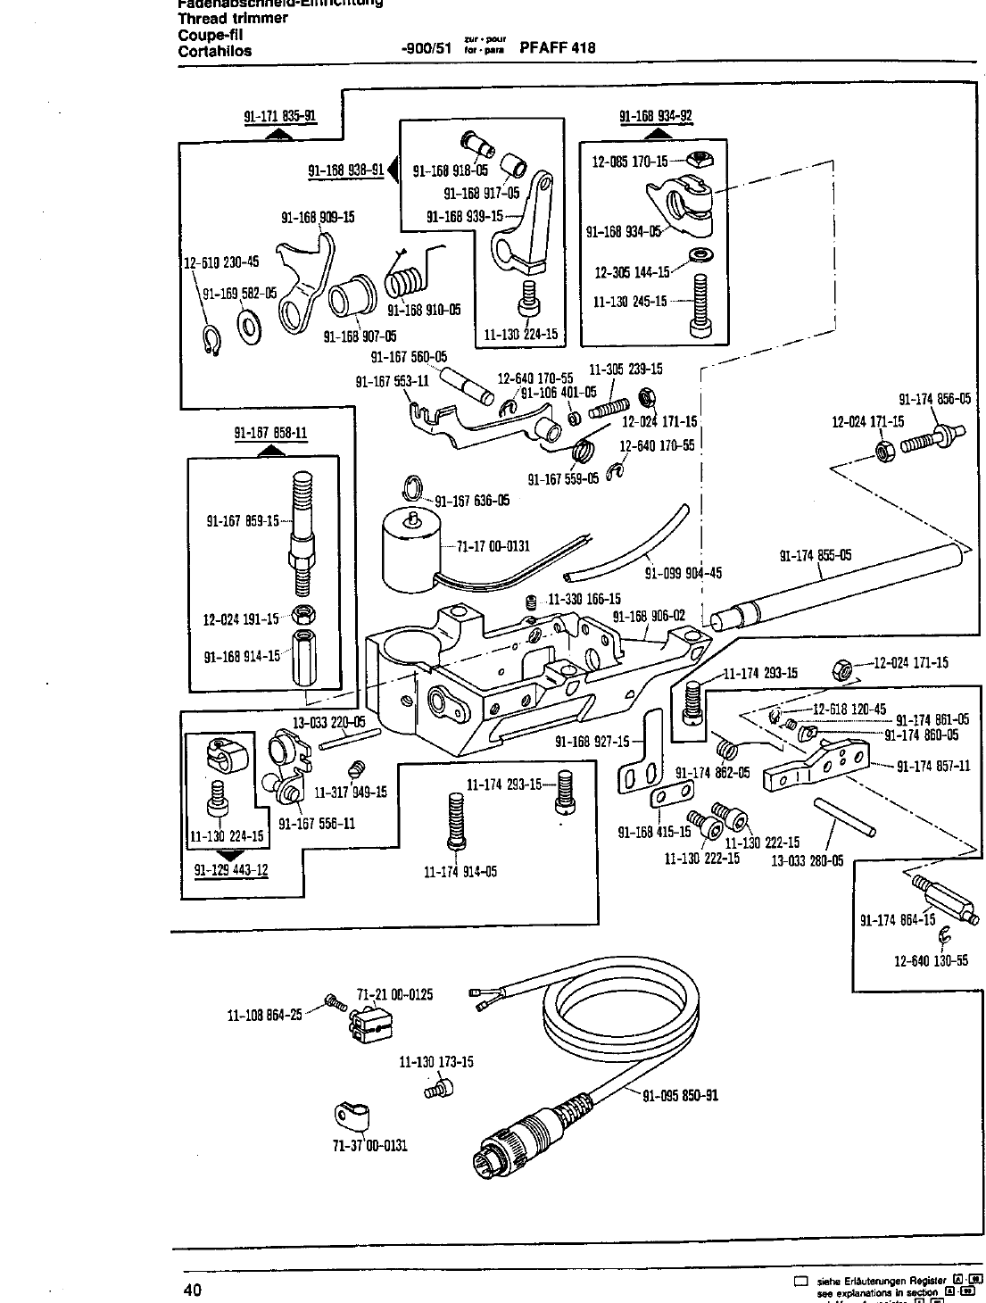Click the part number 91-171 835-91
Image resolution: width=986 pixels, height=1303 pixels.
coord(279,116)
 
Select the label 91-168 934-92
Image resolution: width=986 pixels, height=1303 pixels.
coord(656,116)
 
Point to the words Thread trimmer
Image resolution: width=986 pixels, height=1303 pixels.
coord(233,18)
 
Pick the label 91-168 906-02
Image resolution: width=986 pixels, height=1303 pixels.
coord(649,616)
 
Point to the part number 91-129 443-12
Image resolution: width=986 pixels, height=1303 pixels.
coord(231,870)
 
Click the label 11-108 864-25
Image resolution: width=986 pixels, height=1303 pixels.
coord(265,1014)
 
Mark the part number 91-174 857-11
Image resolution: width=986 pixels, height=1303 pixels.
coord(933,766)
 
